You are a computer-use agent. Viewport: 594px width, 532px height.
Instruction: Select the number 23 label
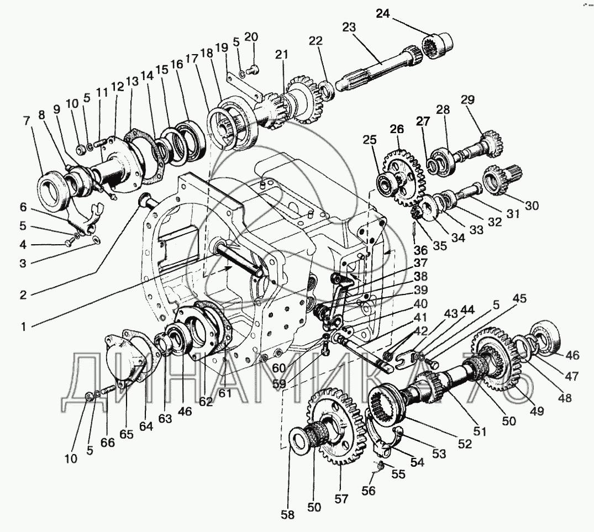point(349,28)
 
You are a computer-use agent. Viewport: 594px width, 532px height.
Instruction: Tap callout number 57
point(341,499)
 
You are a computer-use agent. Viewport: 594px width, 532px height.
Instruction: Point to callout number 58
point(287,514)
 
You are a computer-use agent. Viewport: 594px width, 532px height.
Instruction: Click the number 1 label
point(24,327)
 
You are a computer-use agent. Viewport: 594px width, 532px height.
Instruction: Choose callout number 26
point(397,130)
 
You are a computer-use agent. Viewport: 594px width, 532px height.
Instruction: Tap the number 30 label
point(532,206)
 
